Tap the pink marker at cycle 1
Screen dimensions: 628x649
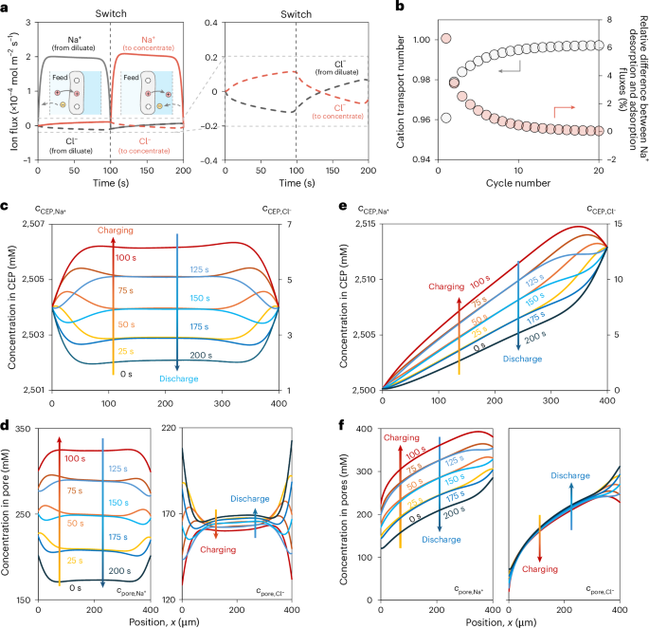pyautogui.click(x=446, y=38)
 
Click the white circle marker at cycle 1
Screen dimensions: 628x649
pyautogui.click(x=446, y=118)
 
